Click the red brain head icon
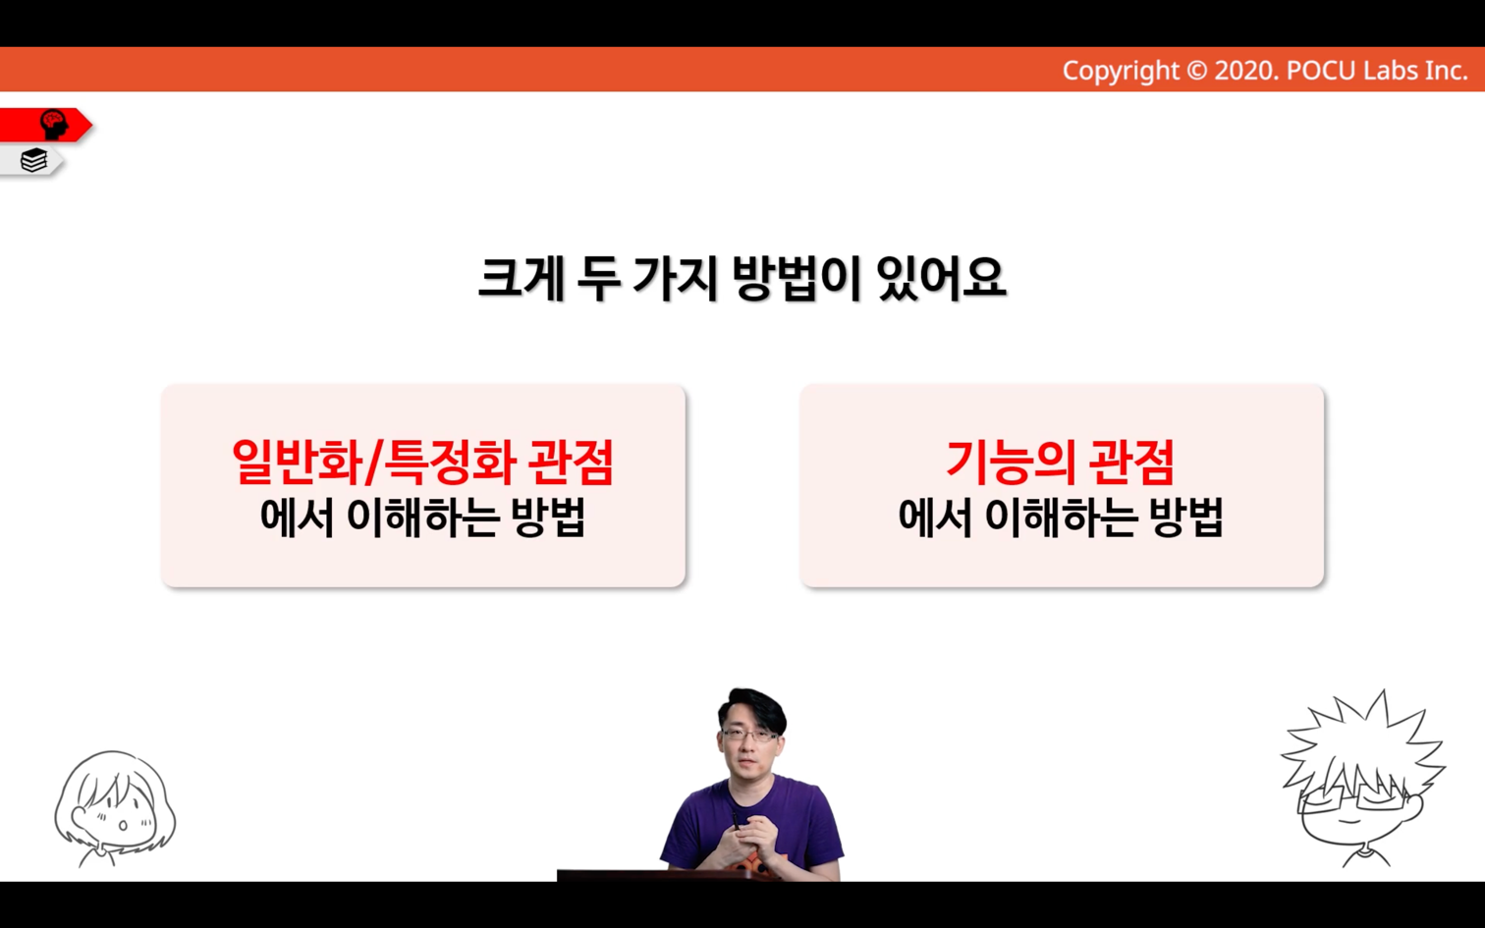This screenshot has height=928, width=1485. [x=53, y=125]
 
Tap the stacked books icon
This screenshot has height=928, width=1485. [x=33, y=160]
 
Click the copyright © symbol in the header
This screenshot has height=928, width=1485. [x=1196, y=71]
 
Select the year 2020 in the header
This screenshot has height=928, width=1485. [x=1243, y=71]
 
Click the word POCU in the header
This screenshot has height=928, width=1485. [x=1321, y=71]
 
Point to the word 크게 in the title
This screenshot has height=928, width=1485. [x=522, y=279]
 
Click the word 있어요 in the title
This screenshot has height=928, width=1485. [x=941, y=279]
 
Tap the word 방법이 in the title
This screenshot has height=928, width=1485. [x=796, y=279]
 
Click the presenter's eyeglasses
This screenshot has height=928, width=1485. [x=749, y=736]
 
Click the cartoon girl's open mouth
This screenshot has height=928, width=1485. [x=123, y=826]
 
